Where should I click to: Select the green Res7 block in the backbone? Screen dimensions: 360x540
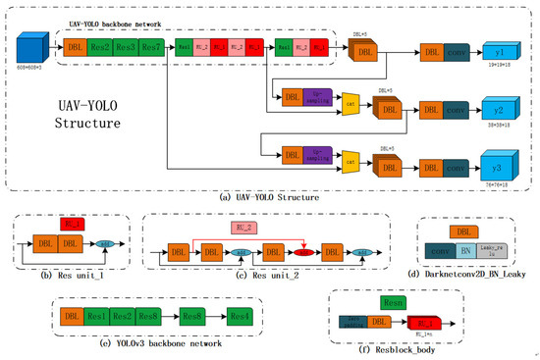150,47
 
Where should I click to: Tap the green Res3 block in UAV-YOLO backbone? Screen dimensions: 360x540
125,47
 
